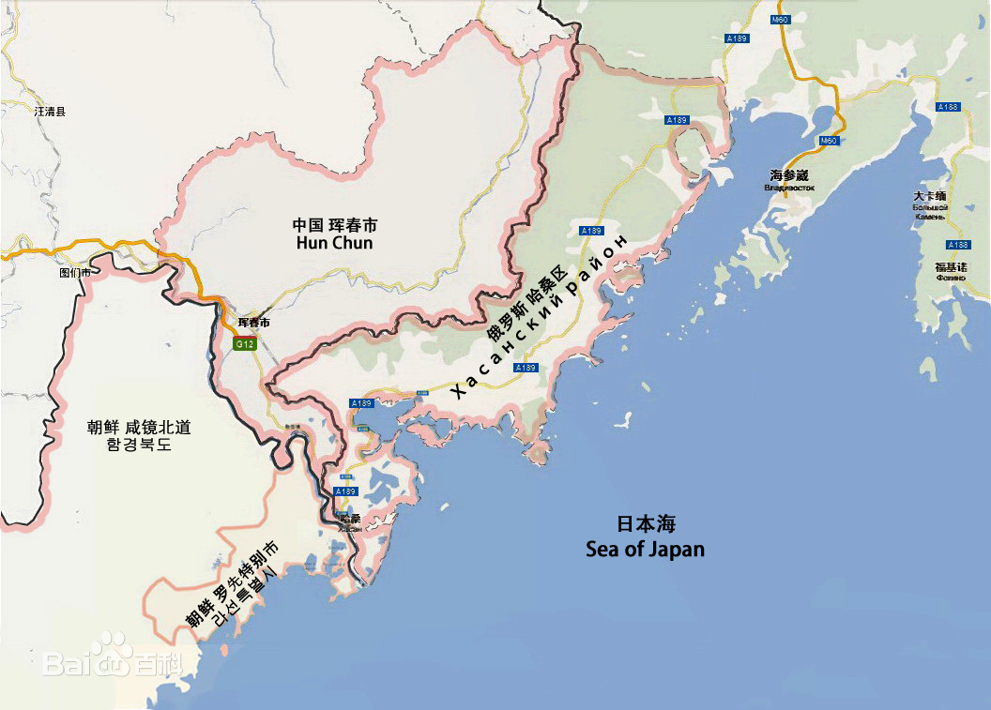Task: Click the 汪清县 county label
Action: pyautogui.click(x=50, y=112)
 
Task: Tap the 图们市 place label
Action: pyautogui.click(x=75, y=273)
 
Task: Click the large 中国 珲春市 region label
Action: pyautogui.click(x=334, y=225)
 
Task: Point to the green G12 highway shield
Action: pyautogui.click(x=245, y=344)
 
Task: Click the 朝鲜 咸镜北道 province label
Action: pyautogui.click(x=139, y=428)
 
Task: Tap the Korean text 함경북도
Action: pyautogui.click(x=139, y=446)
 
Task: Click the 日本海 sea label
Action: pyautogui.click(x=646, y=525)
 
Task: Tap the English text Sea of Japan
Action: pyautogui.click(x=645, y=549)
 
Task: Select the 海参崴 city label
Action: pyautogui.click(x=788, y=175)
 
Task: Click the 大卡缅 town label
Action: pyautogui.click(x=929, y=197)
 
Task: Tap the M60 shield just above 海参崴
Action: pyautogui.click(x=828, y=141)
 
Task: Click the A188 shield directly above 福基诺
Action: pyautogui.click(x=957, y=245)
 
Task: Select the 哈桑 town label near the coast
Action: pyautogui.click(x=350, y=519)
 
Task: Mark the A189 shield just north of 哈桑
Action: pyautogui.click(x=345, y=491)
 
